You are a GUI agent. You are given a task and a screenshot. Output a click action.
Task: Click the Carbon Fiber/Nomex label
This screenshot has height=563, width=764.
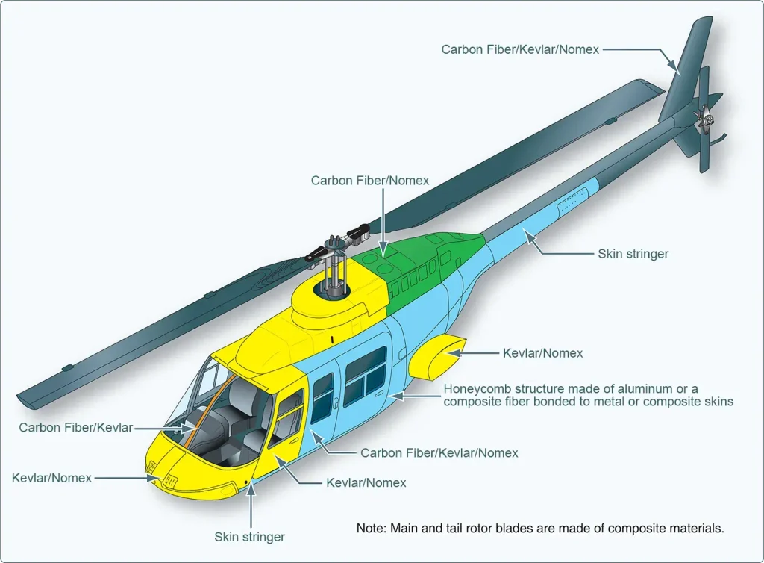[x=370, y=181]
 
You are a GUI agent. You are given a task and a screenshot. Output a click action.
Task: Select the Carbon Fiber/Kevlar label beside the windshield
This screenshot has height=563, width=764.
[x=75, y=428]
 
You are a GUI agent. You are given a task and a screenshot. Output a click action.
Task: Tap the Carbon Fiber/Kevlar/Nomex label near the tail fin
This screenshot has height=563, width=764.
[x=520, y=49]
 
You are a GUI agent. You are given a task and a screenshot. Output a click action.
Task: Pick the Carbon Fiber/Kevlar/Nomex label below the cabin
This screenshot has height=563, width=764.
[x=439, y=452]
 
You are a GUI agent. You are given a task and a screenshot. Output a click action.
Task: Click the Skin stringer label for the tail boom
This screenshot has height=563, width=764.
[x=633, y=254]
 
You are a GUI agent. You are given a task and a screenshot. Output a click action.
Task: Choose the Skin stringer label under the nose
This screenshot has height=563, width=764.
[x=249, y=537]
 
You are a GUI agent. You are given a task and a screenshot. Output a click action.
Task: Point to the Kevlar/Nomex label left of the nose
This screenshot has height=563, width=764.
[x=51, y=478]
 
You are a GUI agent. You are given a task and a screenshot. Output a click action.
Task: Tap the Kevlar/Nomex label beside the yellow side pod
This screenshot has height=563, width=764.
[x=543, y=353]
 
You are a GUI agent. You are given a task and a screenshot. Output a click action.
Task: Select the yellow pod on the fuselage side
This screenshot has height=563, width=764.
[x=436, y=357]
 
